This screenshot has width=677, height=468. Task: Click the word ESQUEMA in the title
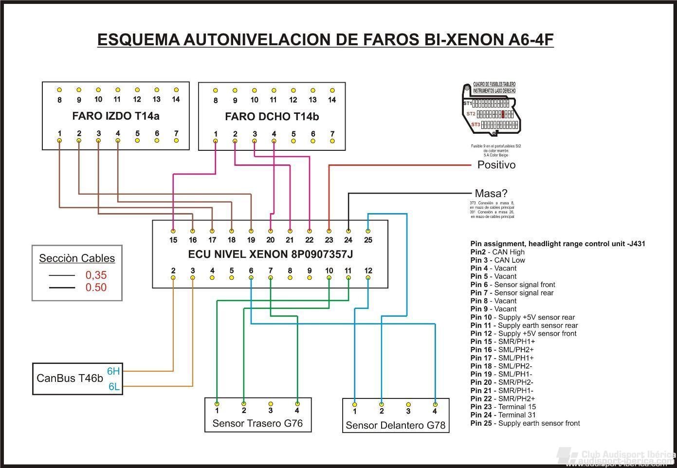point(138,39)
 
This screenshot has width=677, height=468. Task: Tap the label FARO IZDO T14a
point(116,116)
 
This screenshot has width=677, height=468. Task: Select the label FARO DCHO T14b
point(272,117)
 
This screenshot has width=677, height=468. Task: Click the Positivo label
point(496,165)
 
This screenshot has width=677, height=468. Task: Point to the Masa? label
point(491,194)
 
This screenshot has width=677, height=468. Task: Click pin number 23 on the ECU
point(329,239)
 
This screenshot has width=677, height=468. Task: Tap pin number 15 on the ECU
point(173,239)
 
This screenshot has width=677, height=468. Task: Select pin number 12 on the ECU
point(368,271)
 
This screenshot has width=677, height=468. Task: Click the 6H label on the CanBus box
point(113,372)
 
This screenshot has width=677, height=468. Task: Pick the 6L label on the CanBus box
point(114,387)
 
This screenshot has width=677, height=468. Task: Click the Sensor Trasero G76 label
point(257,424)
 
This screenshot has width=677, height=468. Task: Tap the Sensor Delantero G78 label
point(395,426)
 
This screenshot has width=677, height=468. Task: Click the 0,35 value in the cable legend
point(96,275)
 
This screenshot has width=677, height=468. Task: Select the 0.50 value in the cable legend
point(96,288)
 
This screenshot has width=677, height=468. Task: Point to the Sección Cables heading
point(77,258)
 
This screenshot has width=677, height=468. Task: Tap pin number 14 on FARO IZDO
point(176,99)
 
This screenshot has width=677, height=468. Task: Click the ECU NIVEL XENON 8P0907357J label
point(271,254)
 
